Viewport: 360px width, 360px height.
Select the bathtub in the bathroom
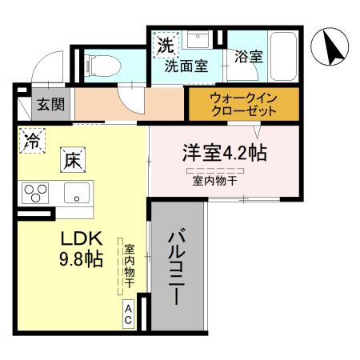pyautogui.click(x=283, y=55)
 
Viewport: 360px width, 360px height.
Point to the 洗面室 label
pyautogui.click(x=186, y=67)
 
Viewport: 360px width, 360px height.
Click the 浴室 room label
pyautogui.click(x=248, y=57)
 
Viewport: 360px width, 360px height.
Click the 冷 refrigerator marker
pyautogui.click(x=32, y=142)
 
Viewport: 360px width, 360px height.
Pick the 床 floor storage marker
pyautogui.click(x=72, y=159)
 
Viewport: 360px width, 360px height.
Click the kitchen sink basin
pyautogui.click(x=78, y=192)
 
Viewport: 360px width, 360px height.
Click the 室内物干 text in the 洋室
pyautogui.click(x=214, y=181)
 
